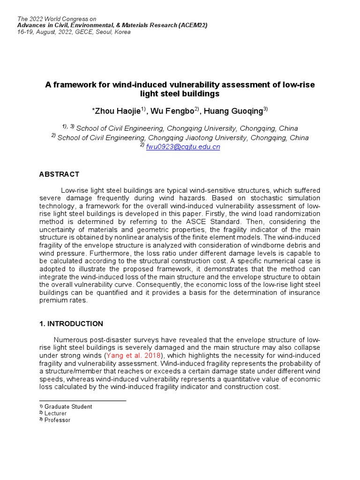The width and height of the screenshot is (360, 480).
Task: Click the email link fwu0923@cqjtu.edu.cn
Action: click(183, 147)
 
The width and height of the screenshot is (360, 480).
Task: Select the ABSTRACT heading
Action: click(59, 174)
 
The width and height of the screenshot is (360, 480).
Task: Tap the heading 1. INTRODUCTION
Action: click(71, 323)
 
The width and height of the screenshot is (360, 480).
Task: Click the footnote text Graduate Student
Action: click(68, 407)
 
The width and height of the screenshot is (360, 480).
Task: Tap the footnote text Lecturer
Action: click(55, 413)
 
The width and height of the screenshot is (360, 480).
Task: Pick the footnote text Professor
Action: click(57, 420)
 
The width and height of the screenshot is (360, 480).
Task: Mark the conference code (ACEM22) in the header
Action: click(193, 25)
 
